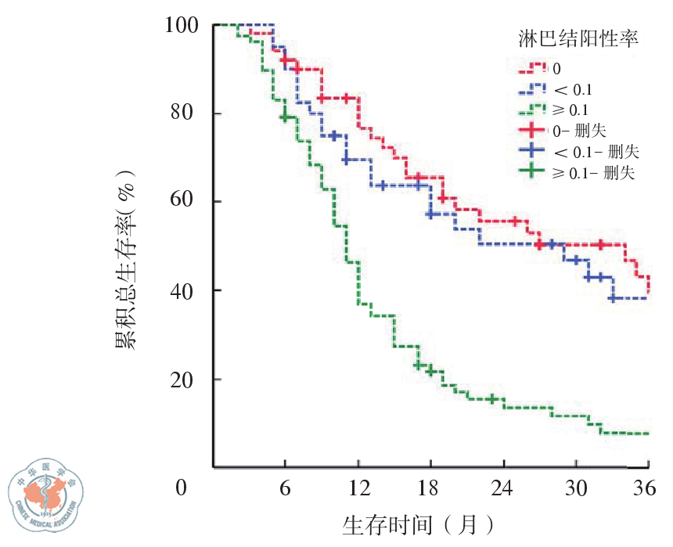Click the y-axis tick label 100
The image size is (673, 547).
coord(181,25)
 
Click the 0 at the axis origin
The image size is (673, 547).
coord(181,488)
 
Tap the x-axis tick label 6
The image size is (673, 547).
coord(285,488)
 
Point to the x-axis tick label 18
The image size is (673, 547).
coord(430,488)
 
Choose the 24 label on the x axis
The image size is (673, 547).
coord(502,488)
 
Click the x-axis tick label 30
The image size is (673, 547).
coord(575,488)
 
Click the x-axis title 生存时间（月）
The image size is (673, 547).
coord(419,524)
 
